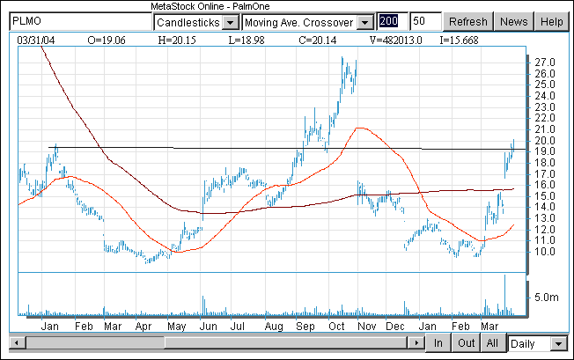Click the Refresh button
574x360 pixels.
tap(467, 21)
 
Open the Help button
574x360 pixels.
tap(551, 21)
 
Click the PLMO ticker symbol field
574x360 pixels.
tap(77, 21)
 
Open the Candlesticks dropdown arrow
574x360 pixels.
tap(230, 21)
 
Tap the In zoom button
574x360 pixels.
tap(438, 342)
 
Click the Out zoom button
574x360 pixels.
tap(467, 342)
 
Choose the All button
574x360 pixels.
tap(493, 342)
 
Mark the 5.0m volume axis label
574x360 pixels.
tap(547, 298)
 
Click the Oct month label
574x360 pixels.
tap(335, 326)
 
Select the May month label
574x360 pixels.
tap(176, 326)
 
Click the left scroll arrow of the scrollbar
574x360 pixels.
tap(13, 342)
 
